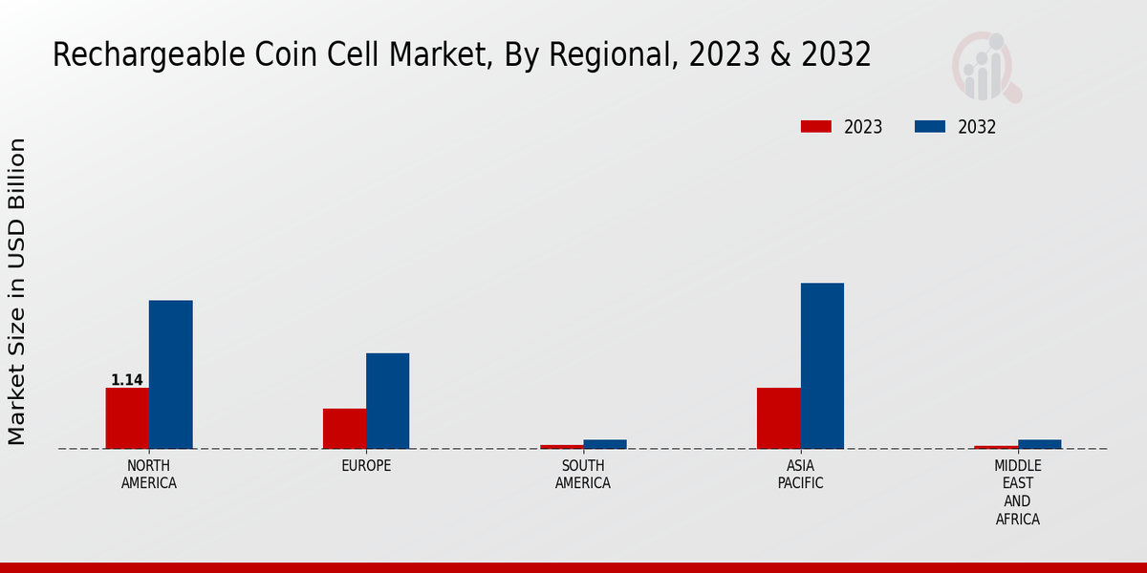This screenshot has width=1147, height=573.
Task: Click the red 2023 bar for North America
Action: tap(127, 418)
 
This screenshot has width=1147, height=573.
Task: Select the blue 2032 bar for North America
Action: tap(170, 374)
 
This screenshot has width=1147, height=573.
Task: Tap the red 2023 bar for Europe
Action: tap(344, 429)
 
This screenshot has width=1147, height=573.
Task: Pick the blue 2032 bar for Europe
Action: tap(387, 401)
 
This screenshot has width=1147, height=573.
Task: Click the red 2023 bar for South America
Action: tap(561, 446)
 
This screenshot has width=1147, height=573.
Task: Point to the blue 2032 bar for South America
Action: tap(605, 444)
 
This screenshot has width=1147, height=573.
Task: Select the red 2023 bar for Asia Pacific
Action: tap(778, 418)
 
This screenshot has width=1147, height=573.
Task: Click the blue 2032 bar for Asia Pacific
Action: tap(822, 366)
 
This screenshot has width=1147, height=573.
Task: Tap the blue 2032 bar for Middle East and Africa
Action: tap(1039, 444)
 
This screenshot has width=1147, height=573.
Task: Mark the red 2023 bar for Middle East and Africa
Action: tap(996, 447)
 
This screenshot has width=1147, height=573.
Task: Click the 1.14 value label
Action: tap(127, 380)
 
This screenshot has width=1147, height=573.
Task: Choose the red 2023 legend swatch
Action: tap(816, 127)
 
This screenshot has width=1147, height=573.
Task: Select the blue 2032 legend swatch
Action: tap(930, 127)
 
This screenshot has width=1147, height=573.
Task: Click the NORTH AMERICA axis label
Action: tap(149, 475)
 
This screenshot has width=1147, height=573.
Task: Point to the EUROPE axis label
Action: tap(366, 466)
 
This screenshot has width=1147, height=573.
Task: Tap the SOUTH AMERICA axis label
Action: tap(583, 475)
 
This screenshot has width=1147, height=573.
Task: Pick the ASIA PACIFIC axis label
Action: tap(800, 475)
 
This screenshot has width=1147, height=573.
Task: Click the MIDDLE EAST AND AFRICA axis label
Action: tap(1017, 493)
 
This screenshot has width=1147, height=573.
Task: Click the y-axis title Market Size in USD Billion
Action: tap(17, 291)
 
